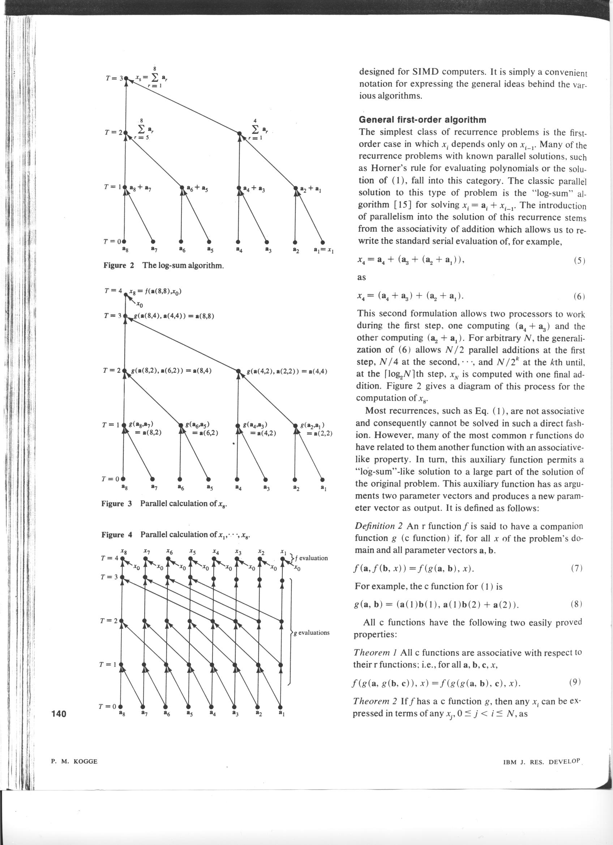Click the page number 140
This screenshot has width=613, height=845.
click(59, 713)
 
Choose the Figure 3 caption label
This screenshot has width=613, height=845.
click(117, 504)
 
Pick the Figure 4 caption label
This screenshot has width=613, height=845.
click(117, 535)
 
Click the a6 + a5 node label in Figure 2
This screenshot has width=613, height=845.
click(197, 189)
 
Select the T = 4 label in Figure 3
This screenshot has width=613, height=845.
click(113, 291)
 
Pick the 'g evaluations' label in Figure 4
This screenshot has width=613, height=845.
click(312, 633)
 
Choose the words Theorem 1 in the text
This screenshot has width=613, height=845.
click(376, 653)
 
